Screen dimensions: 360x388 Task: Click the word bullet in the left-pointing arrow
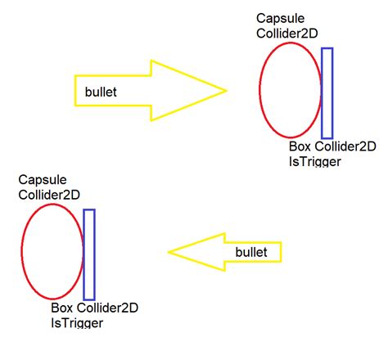pyautogui.click(x=250, y=253)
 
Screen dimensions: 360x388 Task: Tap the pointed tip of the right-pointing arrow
pyautogui.click(x=224, y=90)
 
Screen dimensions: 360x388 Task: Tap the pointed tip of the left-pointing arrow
pyautogui.click(x=169, y=252)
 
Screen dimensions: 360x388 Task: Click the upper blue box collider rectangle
pyautogui.click(x=327, y=92)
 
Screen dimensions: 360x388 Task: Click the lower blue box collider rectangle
pyautogui.click(x=89, y=254)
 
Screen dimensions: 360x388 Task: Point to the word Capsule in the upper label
pyautogui.click(x=277, y=18)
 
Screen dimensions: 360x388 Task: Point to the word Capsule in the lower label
pyautogui.click(x=43, y=179)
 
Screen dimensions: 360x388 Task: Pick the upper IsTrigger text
pyautogui.click(x=314, y=161)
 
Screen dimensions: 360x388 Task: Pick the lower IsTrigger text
pyautogui.click(x=77, y=323)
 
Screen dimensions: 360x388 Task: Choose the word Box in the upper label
pyautogui.click(x=300, y=147)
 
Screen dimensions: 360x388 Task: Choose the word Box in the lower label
pyautogui.click(x=62, y=308)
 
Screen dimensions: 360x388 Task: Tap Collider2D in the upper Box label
pyautogui.click(x=345, y=147)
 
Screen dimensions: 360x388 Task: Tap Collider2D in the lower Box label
pyautogui.click(x=106, y=308)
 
